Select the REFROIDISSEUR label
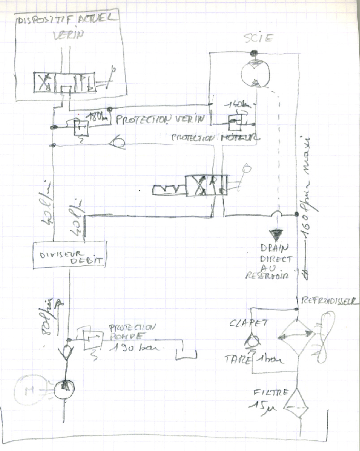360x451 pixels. coord(330,301)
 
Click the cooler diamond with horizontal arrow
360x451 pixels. coord(296,335)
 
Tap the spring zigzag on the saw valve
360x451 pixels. coord(168,189)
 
